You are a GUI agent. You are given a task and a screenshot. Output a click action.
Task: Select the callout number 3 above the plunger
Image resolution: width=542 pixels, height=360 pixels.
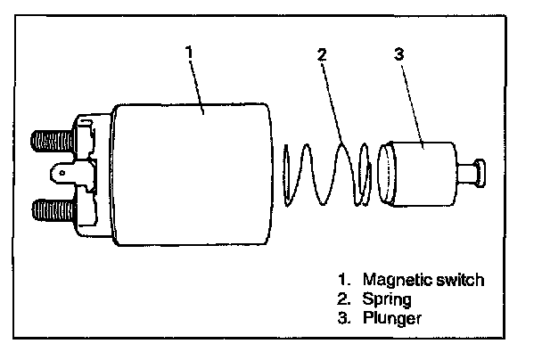pyautogui.click(x=398, y=53)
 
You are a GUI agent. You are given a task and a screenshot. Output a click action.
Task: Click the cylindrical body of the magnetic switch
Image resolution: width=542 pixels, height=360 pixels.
pyautogui.click(x=192, y=174)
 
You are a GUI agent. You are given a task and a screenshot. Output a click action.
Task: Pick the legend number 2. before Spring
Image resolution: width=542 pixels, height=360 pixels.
pyautogui.click(x=347, y=299)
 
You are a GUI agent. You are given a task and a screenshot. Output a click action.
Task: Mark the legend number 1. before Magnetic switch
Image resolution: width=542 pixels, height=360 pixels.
pyautogui.click(x=347, y=280)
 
